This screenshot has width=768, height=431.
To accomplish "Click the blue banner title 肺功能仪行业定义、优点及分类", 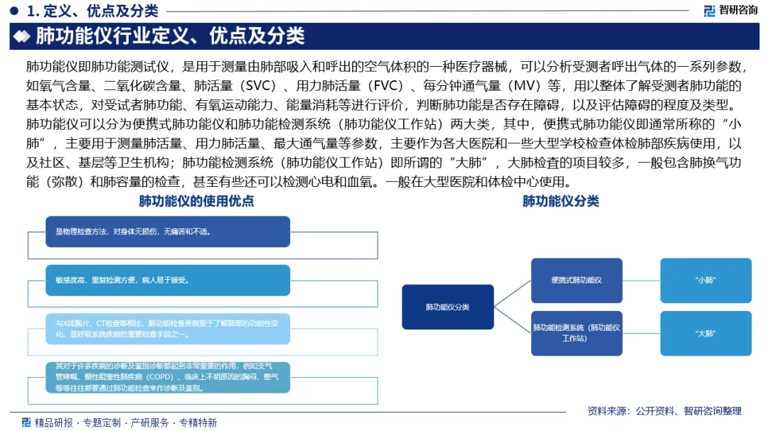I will click(170, 36).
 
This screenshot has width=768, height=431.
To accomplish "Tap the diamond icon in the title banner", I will click(23, 36).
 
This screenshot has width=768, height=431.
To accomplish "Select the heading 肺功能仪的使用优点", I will click(196, 201).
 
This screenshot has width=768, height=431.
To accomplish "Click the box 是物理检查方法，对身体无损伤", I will click(168, 231).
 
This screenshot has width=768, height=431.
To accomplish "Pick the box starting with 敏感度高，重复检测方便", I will click(168, 280).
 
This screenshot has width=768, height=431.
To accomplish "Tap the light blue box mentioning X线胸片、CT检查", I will click(168, 328).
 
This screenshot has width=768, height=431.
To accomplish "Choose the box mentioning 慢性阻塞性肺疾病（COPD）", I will click(168, 377).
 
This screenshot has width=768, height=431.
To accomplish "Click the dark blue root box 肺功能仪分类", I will click(448, 307).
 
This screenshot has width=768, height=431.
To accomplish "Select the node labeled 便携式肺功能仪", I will click(577, 280).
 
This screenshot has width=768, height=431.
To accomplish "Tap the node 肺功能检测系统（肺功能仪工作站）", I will click(577, 333).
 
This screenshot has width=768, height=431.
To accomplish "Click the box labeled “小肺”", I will click(705, 280).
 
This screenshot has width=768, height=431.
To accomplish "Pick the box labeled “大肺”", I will click(705, 333).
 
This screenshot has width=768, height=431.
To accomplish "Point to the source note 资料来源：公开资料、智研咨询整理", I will click(664, 410).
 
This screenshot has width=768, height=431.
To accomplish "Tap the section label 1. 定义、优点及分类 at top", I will click(92, 11).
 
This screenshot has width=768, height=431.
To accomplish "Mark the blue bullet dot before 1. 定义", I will click(14, 11).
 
